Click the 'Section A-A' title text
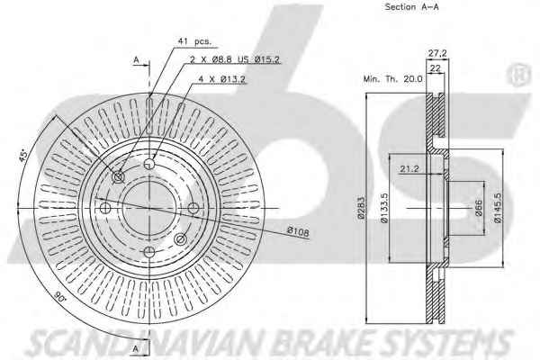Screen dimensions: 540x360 [411, 7]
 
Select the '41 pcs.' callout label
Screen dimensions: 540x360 [193, 41]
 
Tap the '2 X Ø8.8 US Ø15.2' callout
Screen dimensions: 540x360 [235, 59]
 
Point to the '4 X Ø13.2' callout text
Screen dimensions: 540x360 [222, 79]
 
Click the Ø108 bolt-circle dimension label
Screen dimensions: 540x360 [298, 231]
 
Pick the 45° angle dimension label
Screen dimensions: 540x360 [23, 156]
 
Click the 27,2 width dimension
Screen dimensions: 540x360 [437, 53]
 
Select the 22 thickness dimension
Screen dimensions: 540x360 [436, 67]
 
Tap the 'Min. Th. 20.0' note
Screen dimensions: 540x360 [392, 79]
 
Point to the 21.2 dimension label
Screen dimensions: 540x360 [409, 169]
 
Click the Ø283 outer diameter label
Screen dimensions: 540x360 [361, 208]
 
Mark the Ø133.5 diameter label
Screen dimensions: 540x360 [385, 208]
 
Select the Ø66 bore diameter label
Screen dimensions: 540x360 [479, 208]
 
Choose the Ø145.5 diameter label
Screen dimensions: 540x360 [498, 208]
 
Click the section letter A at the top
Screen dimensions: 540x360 [137, 60]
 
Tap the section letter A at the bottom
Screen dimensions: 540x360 [136, 348]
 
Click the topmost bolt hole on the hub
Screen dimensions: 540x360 [149, 163]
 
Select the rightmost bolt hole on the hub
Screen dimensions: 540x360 [193, 208]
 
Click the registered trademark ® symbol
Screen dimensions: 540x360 [518, 75]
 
